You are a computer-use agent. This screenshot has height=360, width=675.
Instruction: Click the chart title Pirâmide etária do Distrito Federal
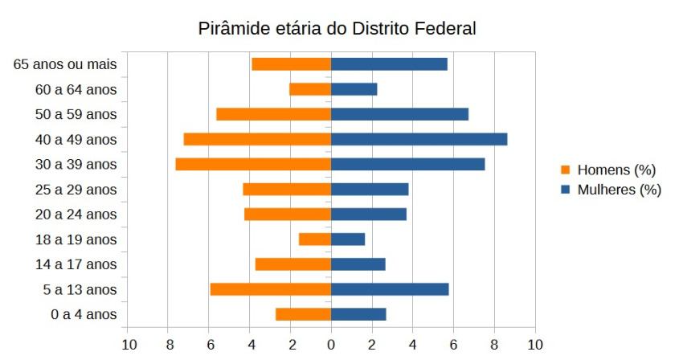coord(337,29)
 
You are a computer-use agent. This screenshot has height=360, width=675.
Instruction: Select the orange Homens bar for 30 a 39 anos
coord(253,164)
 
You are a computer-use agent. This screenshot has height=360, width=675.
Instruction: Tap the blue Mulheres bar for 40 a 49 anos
coord(419,139)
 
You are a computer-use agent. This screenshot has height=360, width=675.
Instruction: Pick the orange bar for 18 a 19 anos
coord(315,239)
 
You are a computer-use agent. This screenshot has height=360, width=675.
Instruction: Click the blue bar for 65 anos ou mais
coord(389,64)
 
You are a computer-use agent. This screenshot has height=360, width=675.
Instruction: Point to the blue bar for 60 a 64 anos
coord(354,89)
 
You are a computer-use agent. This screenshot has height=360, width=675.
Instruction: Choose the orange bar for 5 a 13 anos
coord(271,289)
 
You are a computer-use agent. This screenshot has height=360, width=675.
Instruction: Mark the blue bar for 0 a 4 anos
coord(358,314)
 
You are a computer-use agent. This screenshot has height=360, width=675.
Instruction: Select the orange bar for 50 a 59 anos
coord(274,114)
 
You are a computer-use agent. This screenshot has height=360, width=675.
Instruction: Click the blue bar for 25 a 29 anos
coord(370,189)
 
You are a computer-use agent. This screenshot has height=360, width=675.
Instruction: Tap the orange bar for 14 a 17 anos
coord(293,264)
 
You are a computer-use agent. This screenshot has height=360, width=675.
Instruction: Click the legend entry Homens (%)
coord(616,170)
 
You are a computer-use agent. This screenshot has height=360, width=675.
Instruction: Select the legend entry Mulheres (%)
coord(619,190)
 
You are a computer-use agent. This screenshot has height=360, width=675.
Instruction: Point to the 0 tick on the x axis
coord(331,344)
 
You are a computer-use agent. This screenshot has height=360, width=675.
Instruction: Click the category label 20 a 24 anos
coord(77,215)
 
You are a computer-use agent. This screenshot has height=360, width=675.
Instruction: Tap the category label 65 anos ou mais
coord(66,64)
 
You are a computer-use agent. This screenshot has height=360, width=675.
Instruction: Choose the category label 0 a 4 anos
coord(84,314)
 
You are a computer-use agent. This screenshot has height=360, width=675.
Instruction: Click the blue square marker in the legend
coord(566,190)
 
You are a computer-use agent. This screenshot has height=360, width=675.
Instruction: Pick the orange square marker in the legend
coord(566,170)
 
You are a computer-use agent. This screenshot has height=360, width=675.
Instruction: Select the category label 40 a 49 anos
coord(77,139)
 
